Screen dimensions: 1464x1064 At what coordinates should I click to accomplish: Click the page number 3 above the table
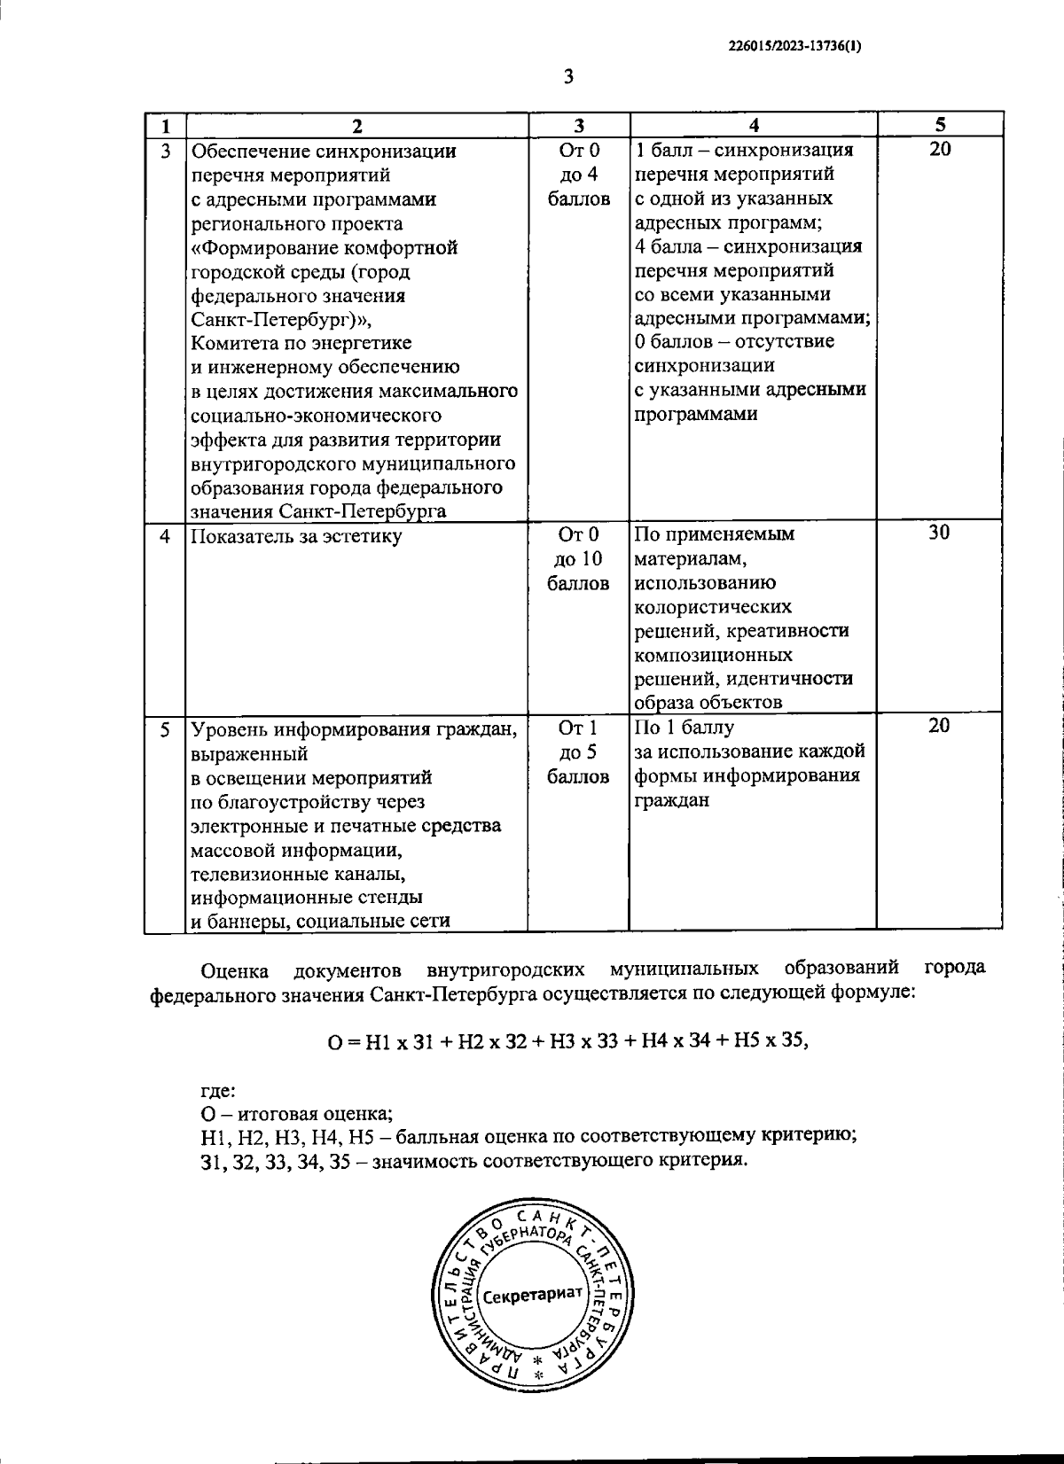pos(568,77)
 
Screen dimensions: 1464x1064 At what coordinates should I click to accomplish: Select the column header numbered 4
pos(754,125)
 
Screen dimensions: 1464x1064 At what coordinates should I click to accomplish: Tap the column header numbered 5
pos(940,124)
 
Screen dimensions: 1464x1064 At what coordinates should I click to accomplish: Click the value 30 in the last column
pos(940,533)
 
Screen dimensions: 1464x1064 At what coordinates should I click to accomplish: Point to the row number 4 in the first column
pos(166,536)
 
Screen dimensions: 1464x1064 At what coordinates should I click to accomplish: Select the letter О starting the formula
pos(333,1043)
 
